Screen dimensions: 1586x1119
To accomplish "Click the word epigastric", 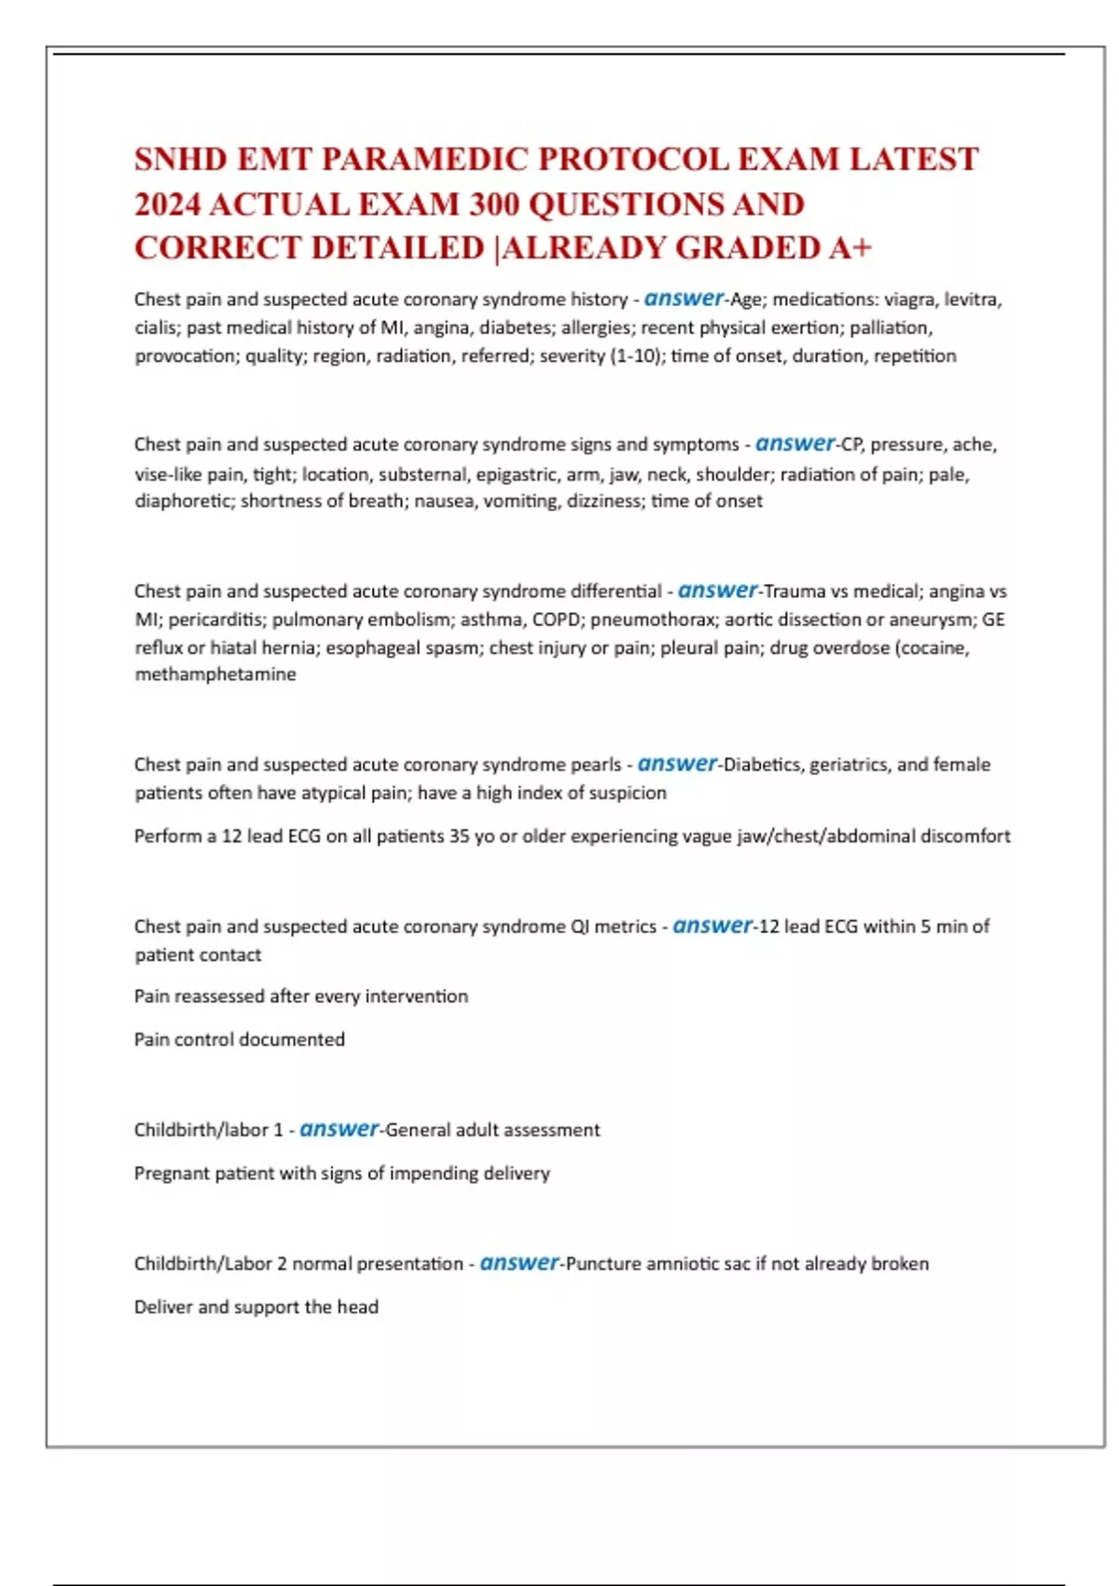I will (517, 474).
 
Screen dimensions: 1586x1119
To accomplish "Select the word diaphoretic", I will (184, 501).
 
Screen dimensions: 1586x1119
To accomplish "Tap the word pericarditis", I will (216, 619).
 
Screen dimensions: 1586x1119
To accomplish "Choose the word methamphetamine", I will (215, 674).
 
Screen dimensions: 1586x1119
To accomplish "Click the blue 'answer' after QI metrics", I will (711, 925).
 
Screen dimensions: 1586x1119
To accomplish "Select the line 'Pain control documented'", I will (240, 1039).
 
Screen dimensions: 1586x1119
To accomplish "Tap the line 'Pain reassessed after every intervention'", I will (301, 996).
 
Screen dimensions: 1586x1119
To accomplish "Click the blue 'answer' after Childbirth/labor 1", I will (338, 1129).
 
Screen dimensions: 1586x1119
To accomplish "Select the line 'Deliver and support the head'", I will (256, 1307).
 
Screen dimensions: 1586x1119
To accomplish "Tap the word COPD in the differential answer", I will (556, 619).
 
